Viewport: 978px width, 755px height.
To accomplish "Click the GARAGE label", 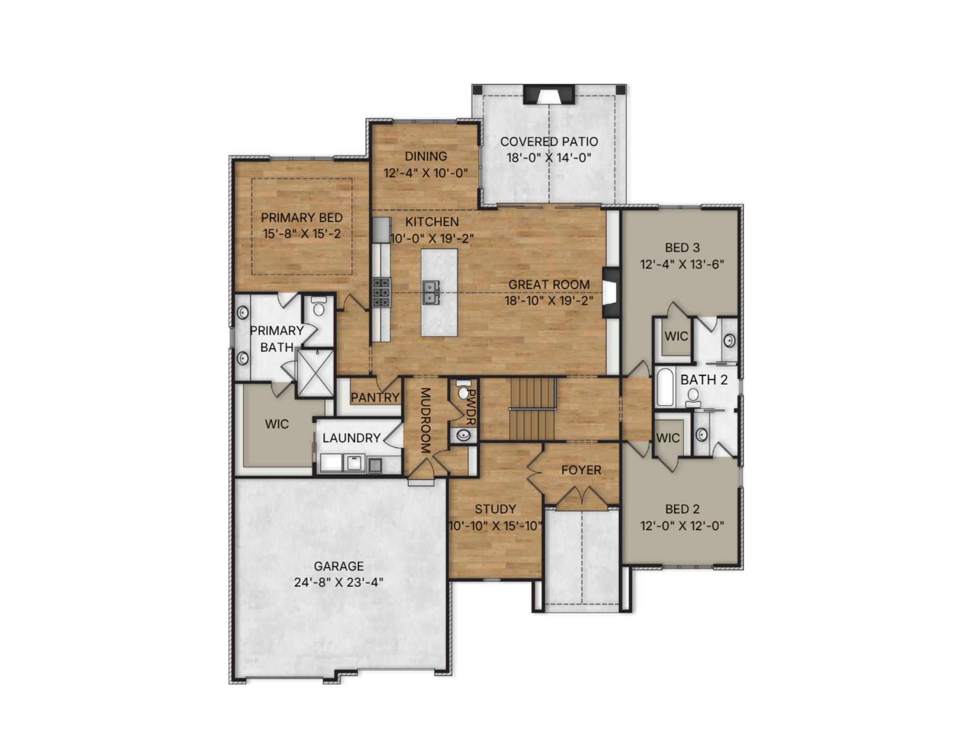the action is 338,566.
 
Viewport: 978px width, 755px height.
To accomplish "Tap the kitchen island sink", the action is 430,292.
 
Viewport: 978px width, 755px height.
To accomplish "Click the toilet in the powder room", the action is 464,389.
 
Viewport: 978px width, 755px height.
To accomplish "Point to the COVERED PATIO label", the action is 549,142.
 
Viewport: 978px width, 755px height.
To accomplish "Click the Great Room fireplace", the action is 610,293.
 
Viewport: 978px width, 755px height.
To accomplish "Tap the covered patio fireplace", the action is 549,94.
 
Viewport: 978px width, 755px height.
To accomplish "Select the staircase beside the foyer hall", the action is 533,409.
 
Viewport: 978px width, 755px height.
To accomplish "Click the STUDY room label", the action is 495,509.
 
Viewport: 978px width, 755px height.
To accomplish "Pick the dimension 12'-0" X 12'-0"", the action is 682,526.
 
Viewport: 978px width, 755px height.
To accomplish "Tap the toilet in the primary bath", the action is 319,306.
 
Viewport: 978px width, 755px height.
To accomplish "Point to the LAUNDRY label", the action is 351,438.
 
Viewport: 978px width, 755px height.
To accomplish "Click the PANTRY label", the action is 375,397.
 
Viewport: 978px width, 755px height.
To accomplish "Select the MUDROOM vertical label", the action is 425,420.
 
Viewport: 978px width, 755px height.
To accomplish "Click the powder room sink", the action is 463,434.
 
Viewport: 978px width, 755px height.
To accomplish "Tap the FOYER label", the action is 581,470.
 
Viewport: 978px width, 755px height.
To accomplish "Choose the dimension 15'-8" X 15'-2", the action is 302,234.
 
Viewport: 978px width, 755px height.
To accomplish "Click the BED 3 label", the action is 682,248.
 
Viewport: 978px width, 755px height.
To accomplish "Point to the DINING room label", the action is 426,156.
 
